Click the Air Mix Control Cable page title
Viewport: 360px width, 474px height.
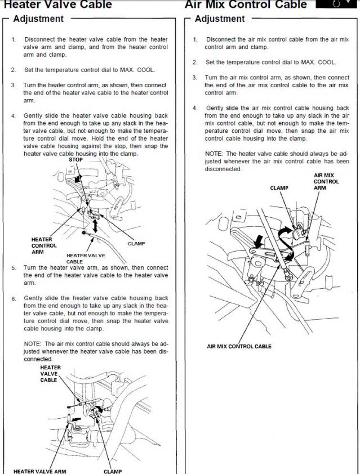point(246,5)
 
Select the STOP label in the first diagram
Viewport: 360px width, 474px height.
point(75,160)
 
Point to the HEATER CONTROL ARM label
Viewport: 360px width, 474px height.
point(43,245)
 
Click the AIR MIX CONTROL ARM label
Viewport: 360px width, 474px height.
point(326,182)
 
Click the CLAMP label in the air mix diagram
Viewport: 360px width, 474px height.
point(279,188)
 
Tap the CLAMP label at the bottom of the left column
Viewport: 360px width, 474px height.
point(112,471)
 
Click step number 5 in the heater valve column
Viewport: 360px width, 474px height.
point(13,268)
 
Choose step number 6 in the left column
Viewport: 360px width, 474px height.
point(13,298)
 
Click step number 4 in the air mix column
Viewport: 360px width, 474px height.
point(195,108)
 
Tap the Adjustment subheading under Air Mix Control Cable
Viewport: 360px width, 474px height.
point(220,19)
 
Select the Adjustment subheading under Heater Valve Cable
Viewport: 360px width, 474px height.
point(38,19)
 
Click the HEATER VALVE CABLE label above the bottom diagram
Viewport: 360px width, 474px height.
point(50,374)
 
